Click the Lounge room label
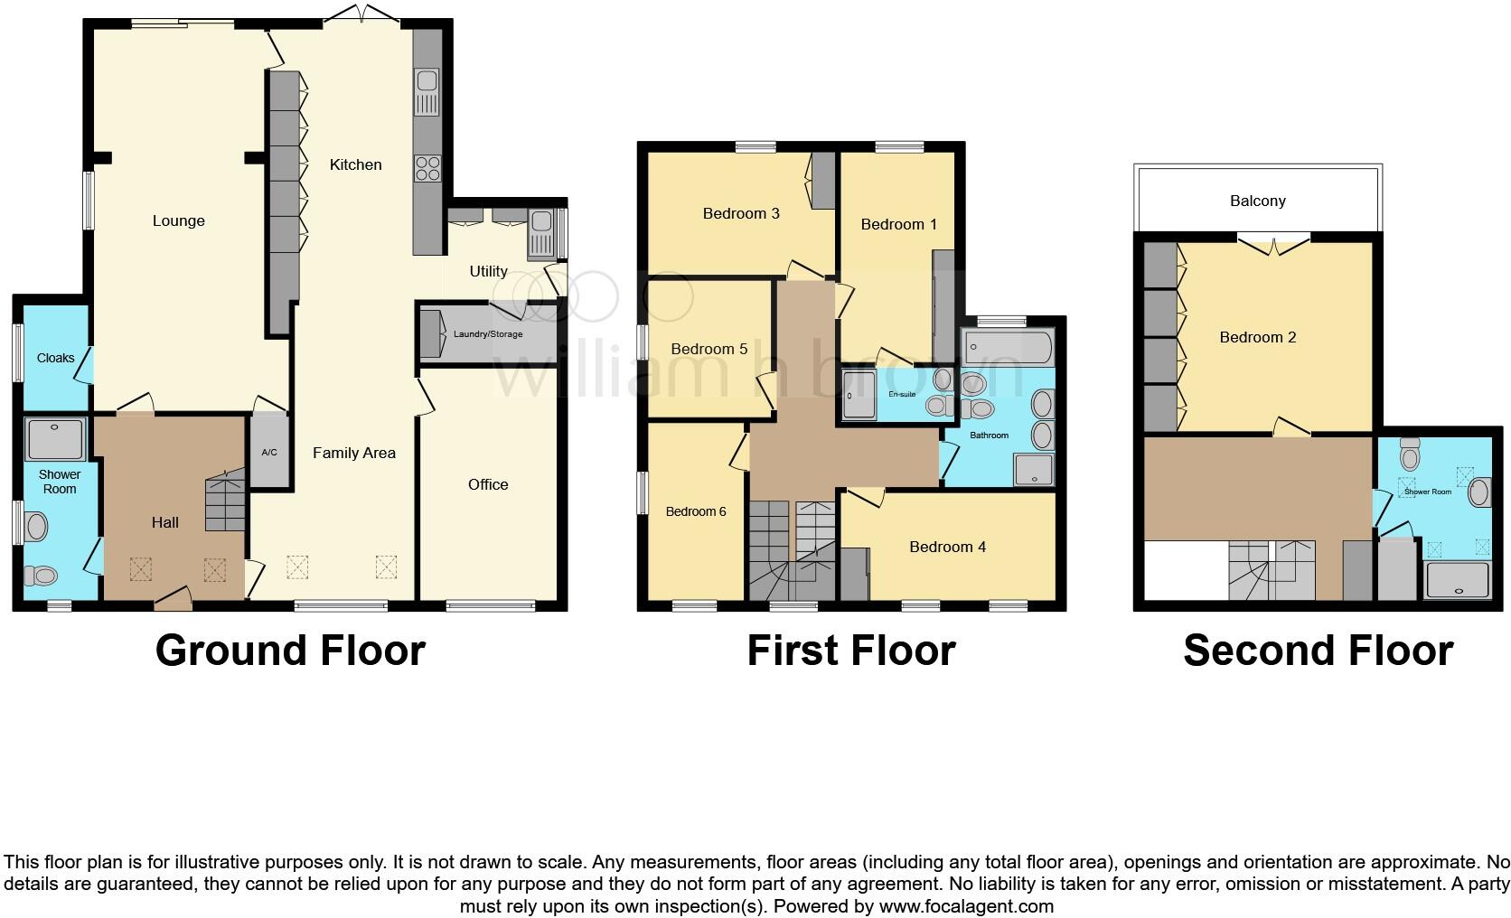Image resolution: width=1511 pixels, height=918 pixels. (x=178, y=220)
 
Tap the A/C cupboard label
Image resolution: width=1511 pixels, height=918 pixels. (x=269, y=453)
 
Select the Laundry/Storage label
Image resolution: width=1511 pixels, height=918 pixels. (x=488, y=334)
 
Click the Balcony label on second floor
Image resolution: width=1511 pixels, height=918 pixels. (x=1257, y=201)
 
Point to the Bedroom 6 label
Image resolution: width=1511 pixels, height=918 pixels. (x=696, y=511)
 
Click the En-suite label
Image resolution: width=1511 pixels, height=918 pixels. (x=902, y=395)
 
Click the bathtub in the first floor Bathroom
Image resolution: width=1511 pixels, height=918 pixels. (x=1008, y=345)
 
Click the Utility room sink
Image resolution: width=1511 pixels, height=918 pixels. (x=541, y=222)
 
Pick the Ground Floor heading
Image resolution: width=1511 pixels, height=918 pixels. (x=290, y=651)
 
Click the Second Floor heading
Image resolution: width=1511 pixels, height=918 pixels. (x=1318, y=651)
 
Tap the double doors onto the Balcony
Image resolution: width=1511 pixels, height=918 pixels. (x=1273, y=241)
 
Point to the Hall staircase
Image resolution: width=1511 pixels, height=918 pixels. (x=225, y=501)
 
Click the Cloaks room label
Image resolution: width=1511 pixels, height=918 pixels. (x=55, y=358)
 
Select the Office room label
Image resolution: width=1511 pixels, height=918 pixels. (x=488, y=484)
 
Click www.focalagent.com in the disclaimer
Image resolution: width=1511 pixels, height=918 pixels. (x=965, y=905)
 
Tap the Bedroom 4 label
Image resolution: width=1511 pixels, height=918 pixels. (x=947, y=547)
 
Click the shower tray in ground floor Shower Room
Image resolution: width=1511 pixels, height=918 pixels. (x=56, y=440)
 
